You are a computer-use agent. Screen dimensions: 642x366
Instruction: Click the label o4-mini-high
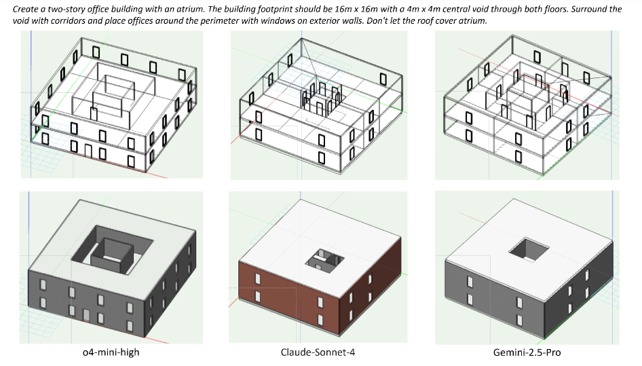point(111,352)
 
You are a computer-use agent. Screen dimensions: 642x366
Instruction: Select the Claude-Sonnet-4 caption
point(318,352)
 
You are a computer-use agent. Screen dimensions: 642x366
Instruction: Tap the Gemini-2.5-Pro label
point(527,352)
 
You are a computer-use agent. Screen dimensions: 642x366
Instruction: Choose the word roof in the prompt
point(425,20)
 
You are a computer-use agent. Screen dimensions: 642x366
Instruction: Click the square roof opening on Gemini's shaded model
point(529,249)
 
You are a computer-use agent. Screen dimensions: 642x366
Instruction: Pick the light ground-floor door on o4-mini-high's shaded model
point(86,316)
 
